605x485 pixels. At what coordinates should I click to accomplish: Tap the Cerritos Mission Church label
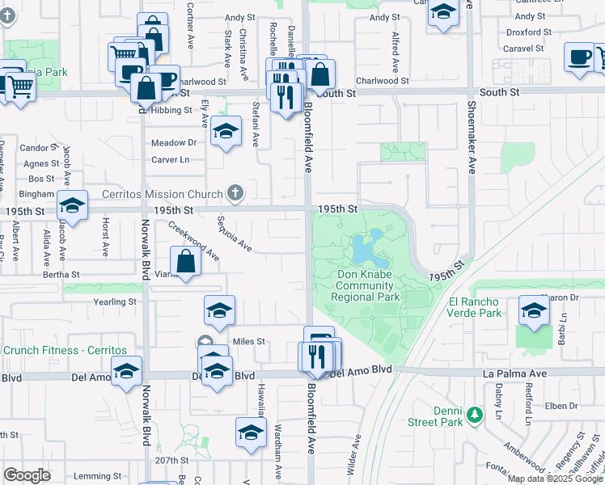[162, 194]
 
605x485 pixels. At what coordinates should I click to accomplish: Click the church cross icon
[235, 192]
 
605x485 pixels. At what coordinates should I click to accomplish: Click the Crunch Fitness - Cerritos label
[65, 350]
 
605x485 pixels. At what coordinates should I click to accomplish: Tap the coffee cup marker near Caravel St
[579, 58]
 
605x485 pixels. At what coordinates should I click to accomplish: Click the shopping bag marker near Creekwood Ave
[186, 262]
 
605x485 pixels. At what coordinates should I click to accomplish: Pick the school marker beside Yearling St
[218, 310]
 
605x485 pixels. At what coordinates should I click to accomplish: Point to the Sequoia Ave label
[235, 234]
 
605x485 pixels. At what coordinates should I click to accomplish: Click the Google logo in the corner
[27, 475]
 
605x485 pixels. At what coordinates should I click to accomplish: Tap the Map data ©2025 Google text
[555, 479]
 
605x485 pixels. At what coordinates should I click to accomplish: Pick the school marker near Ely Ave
[226, 131]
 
